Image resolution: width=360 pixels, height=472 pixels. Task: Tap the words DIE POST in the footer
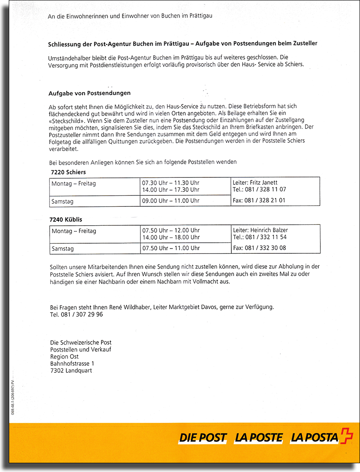[x=202, y=437]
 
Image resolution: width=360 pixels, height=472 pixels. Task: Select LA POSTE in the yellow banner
[x=258, y=437]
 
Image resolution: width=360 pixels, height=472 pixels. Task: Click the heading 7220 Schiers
[x=68, y=172]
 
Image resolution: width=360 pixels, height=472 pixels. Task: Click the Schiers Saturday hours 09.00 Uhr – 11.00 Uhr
[x=170, y=201]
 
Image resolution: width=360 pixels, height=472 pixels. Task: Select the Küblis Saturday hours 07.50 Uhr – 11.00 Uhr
[x=170, y=248]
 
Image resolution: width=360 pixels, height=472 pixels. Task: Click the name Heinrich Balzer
[x=269, y=230]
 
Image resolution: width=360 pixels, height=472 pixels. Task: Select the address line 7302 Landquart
[x=71, y=371]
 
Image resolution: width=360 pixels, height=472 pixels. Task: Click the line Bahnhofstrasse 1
[x=72, y=364]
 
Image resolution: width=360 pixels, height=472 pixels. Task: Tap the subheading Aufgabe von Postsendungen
[x=90, y=93]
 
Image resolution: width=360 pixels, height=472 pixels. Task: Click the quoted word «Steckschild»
[x=65, y=120]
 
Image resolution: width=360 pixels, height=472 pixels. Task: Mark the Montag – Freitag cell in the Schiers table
[x=74, y=184]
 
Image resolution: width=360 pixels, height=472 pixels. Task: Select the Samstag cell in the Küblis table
[x=63, y=249]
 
